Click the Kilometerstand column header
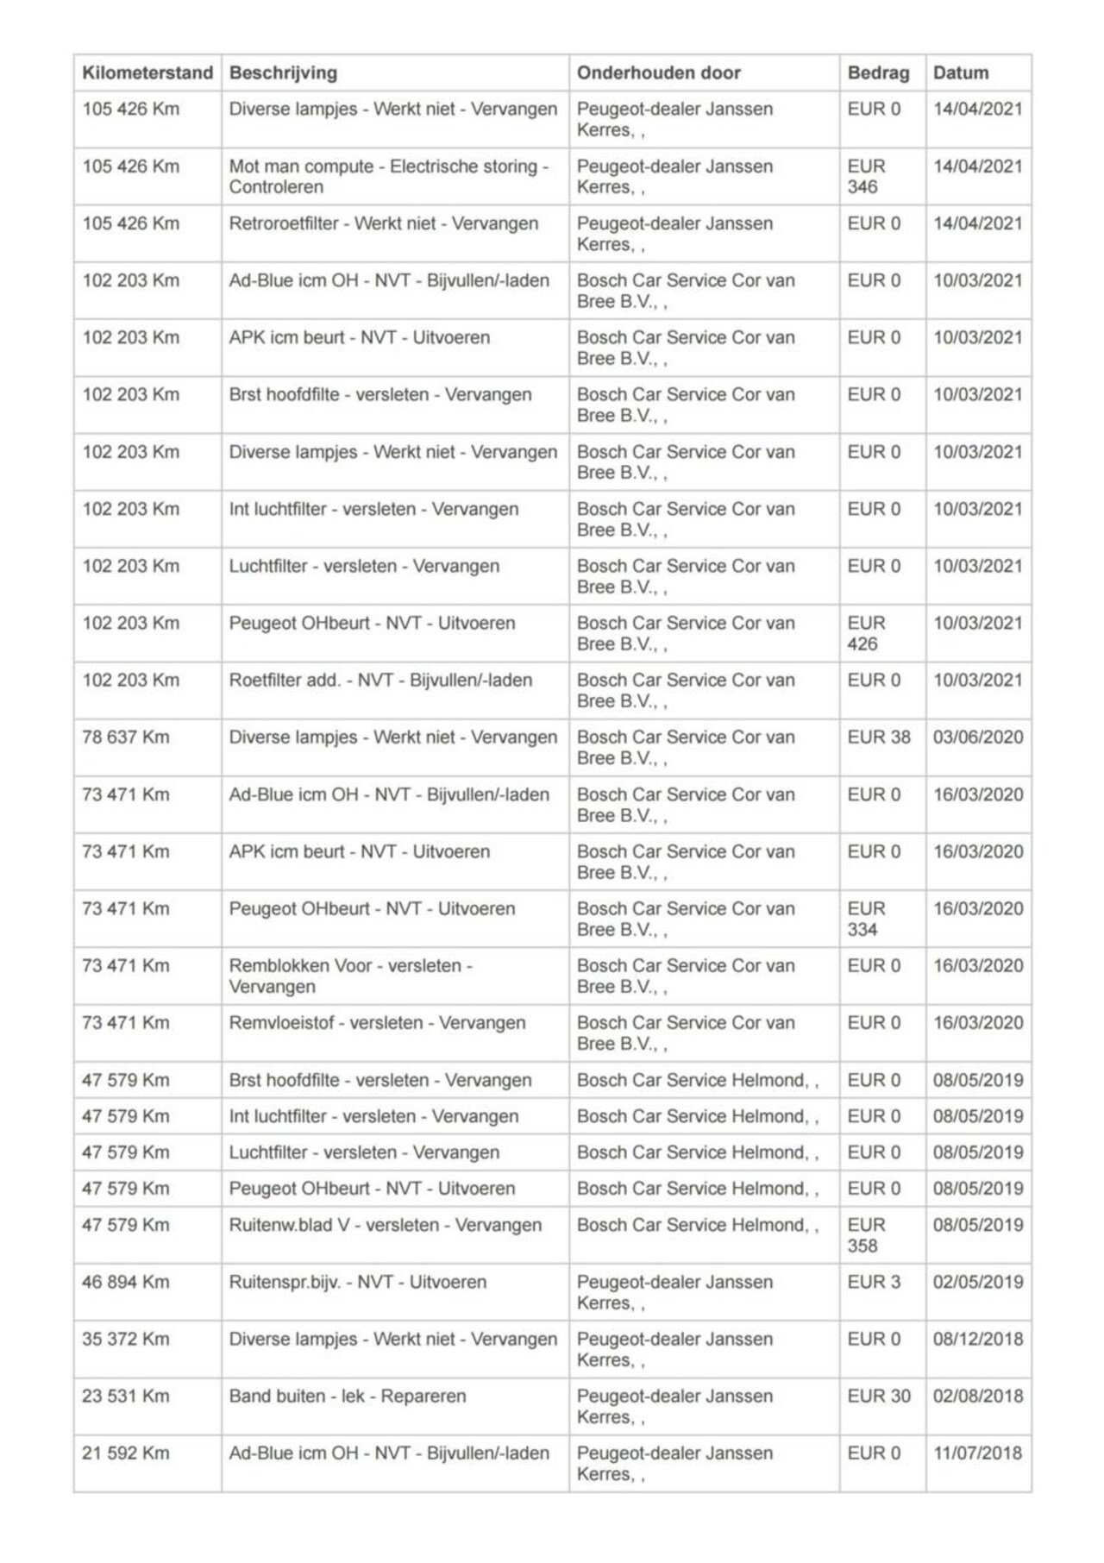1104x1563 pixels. (x=147, y=73)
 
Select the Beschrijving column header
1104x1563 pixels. (x=283, y=73)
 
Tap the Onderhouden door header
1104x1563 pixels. (x=659, y=73)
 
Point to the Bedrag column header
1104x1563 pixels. (x=878, y=73)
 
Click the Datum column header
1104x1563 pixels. (x=961, y=73)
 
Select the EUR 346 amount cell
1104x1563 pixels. (x=866, y=177)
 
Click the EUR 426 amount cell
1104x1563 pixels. (x=866, y=634)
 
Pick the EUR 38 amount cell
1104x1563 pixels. (x=879, y=738)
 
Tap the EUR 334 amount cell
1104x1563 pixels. (x=866, y=920)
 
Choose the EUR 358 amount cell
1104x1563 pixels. (x=866, y=1235)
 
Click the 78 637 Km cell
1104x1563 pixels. (x=126, y=738)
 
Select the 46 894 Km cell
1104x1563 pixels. (x=126, y=1283)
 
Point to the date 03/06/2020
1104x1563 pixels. (x=978, y=738)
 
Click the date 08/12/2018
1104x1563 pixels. (x=978, y=1340)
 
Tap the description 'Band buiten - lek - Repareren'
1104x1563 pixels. (x=348, y=1397)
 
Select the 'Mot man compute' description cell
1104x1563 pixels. (x=388, y=177)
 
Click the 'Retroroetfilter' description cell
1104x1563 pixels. (x=384, y=224)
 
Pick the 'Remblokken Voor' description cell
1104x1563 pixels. (x=350, y=976)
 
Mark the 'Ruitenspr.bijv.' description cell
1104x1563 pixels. (x=358, y=1283)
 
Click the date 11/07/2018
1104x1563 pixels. (x=978, y=1453)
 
